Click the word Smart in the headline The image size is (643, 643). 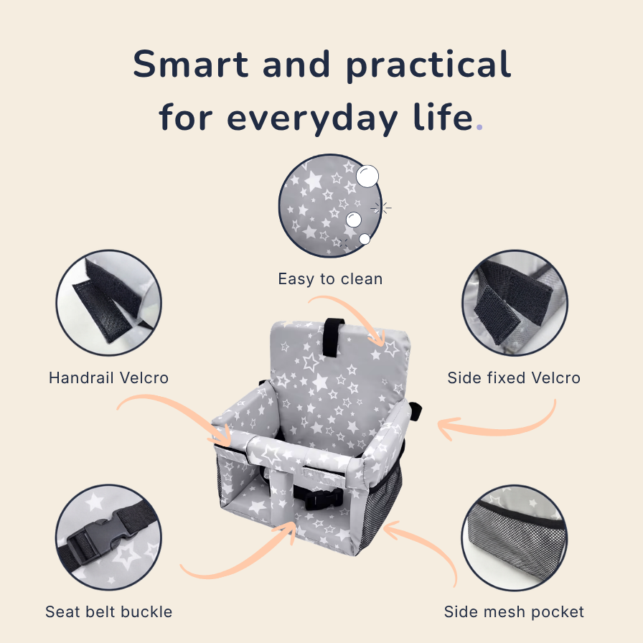click(x=191, y=64)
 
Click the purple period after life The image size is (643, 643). click(x=479, y=127)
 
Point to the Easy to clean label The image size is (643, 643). click(x=331, y=279)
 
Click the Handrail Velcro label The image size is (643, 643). click(x=108, y=377)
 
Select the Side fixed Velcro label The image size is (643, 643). click(x=514, y=377)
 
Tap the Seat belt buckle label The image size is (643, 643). click(x=108, y=612)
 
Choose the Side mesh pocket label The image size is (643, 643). click(x=514, y=612)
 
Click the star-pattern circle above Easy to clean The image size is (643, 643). click(x=330, y=206)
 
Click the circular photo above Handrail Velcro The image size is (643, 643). click(x=108, y=303)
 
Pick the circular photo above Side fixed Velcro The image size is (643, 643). click(x=515, y=303)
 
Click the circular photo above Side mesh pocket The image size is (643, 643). click(x=515, y=538)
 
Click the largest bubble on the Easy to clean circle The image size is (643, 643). click(x=367, y=177)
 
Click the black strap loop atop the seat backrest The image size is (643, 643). click(x=333, y=337)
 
